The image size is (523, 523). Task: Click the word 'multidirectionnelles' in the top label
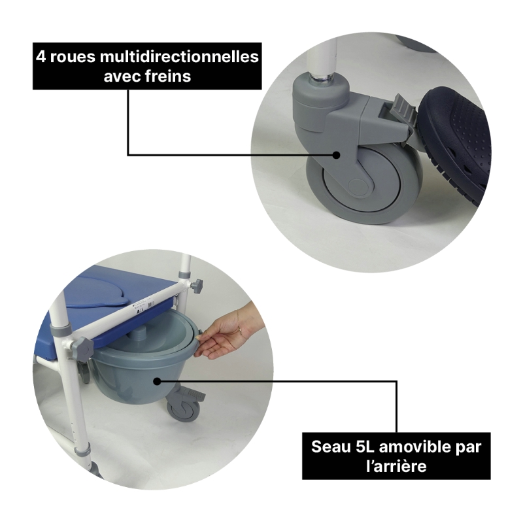tap(179, 57)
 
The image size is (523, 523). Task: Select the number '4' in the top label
tap(41, 57)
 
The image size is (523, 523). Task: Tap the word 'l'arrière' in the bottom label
tap(396, 466)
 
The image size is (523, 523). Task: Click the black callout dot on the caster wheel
tap(336, 155)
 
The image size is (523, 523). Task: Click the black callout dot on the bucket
tap(157, 381)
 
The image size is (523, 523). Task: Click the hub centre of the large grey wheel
tap(357, 186)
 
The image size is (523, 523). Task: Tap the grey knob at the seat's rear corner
tap(197, 286)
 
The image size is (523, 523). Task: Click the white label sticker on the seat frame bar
tap(144, 307)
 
